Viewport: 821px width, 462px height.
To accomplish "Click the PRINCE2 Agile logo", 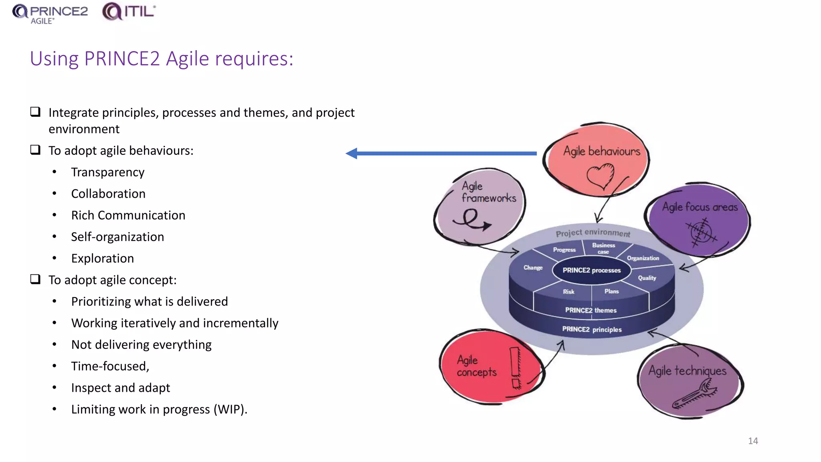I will pyautogui.click(x=50, y=13).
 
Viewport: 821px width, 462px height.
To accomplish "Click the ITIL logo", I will pyautogui.click(x=129, y=11).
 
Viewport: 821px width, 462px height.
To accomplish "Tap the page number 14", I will pyautogui.click(x=753, y=441).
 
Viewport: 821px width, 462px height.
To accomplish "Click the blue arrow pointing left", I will pyautogui.click(x=441, y=153).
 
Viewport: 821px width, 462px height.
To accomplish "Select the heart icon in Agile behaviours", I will pyautogui.click(x=601, y=176).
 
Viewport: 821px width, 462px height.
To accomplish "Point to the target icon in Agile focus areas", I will pyautogui.click(x=701, y=232).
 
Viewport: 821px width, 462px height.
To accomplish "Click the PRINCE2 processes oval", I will pyautogui.click(x=591, y=270).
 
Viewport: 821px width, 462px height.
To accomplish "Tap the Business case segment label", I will pyautogui.click(x=603, y=248).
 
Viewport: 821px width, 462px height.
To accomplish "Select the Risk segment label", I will pyautogui.click(x=568, y=292).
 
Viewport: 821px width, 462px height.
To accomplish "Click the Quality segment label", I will pyautogui.click(x=647, y=278).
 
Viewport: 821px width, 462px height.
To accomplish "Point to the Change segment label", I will pyautogui.click(x=533, y=267).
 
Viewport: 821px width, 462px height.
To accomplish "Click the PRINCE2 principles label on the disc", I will pyautogui.click(x=592, y=329).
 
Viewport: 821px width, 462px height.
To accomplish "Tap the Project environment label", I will pyautogui.click(x=592, y=233).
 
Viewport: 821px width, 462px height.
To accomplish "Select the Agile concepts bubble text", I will pyautogui.click(x=476, y=366).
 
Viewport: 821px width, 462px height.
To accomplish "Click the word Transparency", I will pyautogui.click(x=107, y=172).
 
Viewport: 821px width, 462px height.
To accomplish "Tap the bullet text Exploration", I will pyautogui.click(x=102, y=258).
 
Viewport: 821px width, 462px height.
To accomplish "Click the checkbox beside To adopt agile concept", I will pyautogui.click(x=36, y=279).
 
